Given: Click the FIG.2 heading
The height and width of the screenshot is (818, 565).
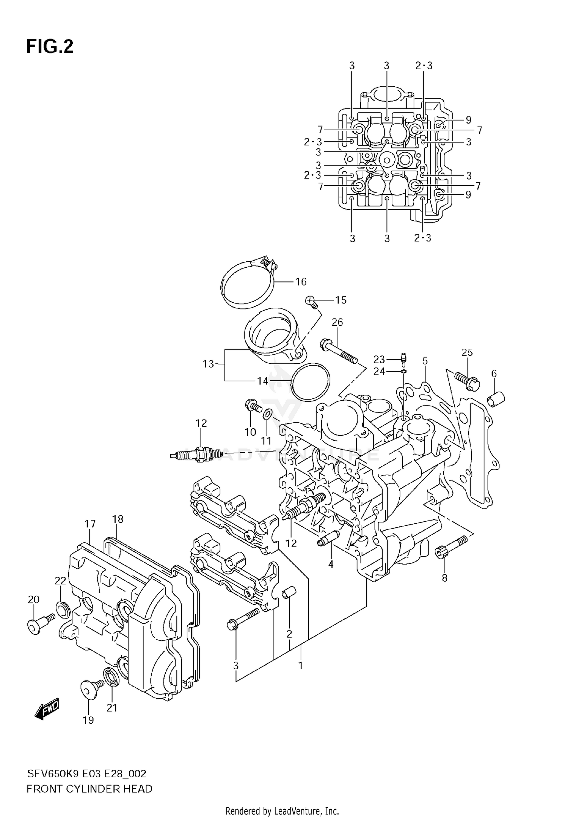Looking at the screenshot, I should coord(49,47).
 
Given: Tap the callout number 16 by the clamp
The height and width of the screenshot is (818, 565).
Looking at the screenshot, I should coord(301,282).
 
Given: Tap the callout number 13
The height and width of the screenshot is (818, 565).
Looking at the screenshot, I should coord(208,364).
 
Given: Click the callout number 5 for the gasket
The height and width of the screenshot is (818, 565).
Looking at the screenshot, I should coord(425,361).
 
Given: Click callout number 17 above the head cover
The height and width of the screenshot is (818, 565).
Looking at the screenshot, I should coord(90,523).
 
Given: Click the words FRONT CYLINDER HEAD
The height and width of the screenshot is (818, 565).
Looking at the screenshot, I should coord(89,789).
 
